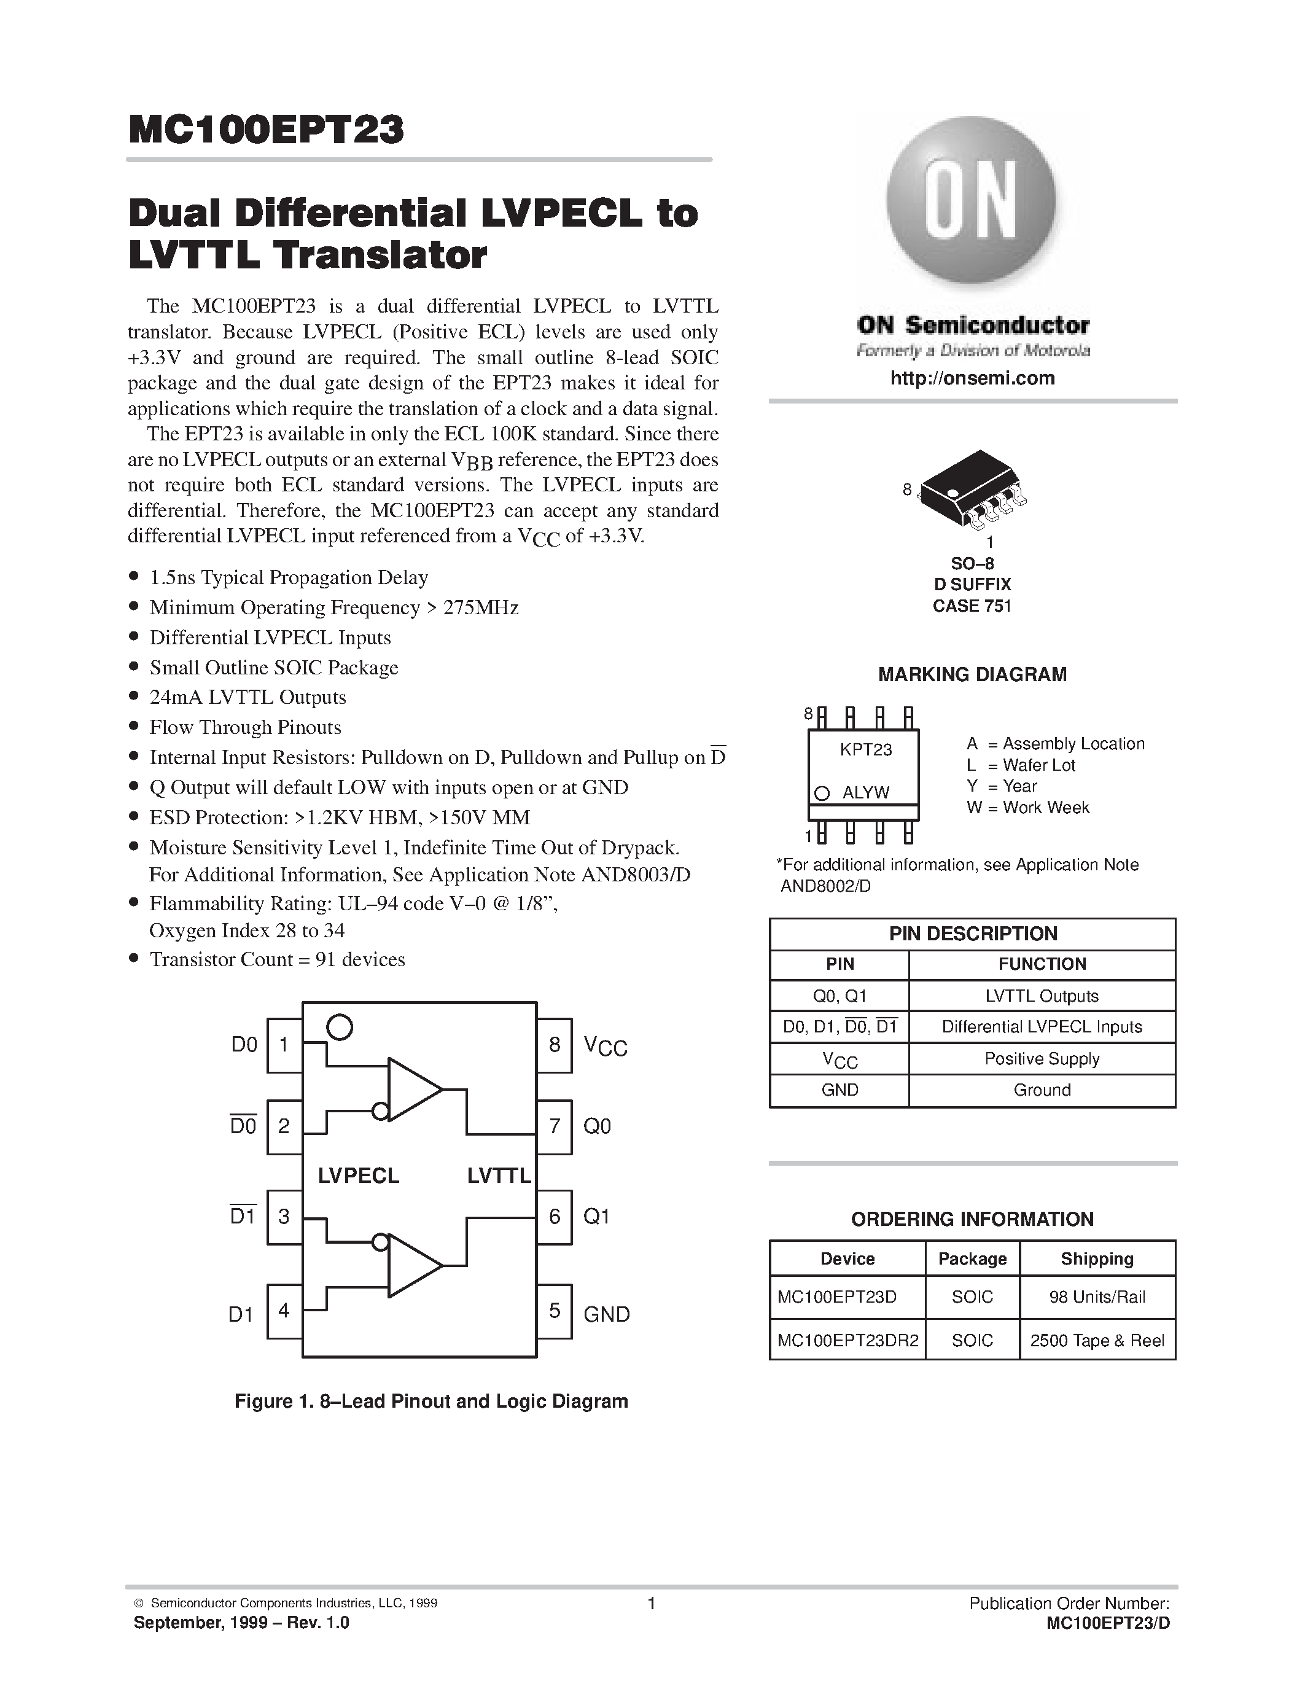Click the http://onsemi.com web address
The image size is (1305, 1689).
[x=972, y=378]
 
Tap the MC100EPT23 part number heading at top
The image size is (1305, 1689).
[x=266, y=130]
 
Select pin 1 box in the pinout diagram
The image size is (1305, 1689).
[x=284, y=1045]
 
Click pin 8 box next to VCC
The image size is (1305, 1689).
[x=555, y=1045]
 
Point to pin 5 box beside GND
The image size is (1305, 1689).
[x=555, y=1310]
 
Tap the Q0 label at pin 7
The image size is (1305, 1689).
[x=597, y=1126]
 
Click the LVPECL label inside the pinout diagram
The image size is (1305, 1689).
[x=358, y=1176]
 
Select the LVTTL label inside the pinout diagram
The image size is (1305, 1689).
[x=499, y=1176]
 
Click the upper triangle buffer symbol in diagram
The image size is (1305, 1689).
[x=411, y=1090]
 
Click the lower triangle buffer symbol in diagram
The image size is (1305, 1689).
[x=411, y=1265]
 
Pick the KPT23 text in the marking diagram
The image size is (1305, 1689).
[x=866, y=749]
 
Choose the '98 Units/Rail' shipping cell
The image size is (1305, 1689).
[x=1097, y=1297]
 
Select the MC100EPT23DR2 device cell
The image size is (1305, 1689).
[x=847, y=1340]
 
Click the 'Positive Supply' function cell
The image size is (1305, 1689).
[x=1042, y=1059]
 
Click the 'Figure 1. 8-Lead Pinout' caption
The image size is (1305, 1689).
[x=430, y=1402]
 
